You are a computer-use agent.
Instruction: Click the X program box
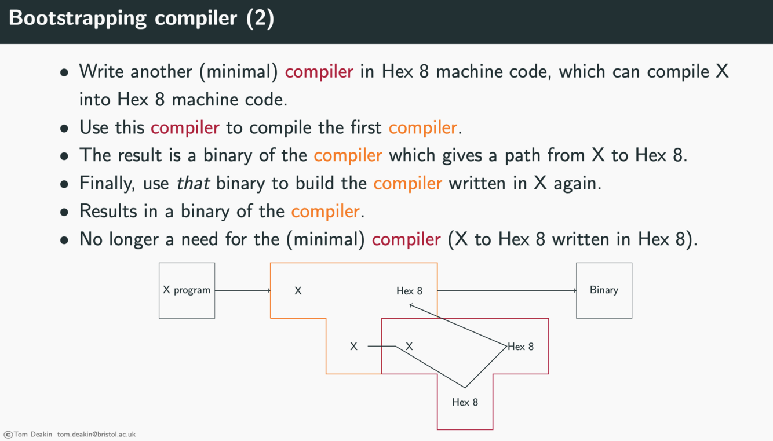tap(187, 290)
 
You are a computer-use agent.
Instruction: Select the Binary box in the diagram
tap(604, 290)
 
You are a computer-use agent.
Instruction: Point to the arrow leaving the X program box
tap(242, 290)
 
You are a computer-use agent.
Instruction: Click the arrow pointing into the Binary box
tap(507, 290)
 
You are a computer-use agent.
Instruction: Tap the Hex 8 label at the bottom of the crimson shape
tap(465, 402)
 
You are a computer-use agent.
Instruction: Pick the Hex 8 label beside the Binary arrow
tap(409, 291)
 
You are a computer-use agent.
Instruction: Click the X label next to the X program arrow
tap(298, 291)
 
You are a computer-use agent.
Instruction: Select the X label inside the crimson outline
tap(409, 347)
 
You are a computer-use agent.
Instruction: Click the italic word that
tap(194, 183)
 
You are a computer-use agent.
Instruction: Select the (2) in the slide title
tap(260, 19)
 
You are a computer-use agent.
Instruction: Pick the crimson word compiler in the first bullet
tap(319, 72)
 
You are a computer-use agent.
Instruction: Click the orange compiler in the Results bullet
tap(325, 211)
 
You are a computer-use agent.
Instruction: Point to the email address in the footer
tap(96, 434)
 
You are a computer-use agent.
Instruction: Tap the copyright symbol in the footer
tap(8, 434)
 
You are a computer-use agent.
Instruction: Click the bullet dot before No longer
tap(65, 240)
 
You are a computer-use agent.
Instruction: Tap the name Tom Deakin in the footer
tap(32, 434)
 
